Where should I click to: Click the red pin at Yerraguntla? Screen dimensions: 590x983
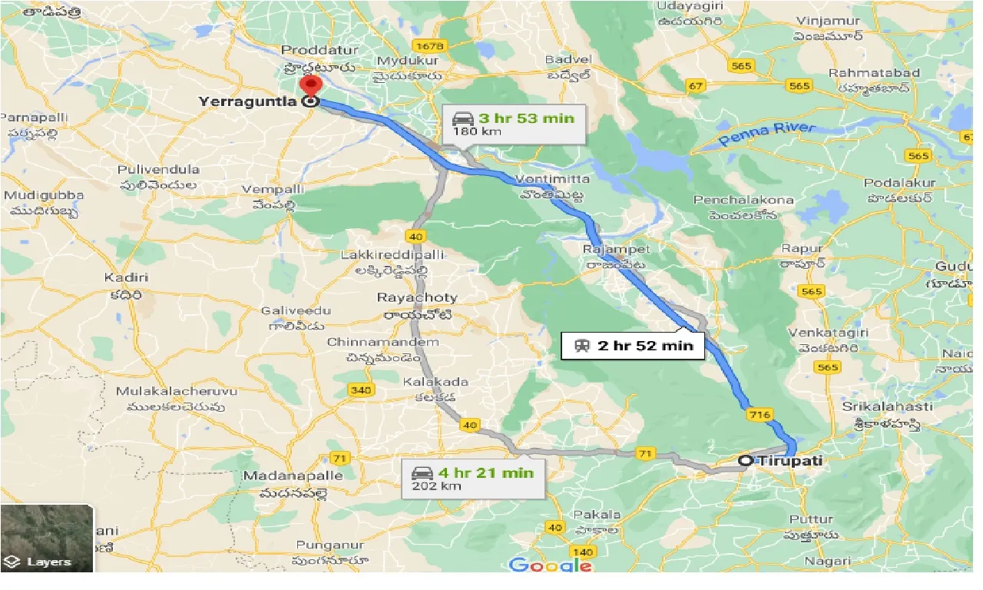tap(310, 86)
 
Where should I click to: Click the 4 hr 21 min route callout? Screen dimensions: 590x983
tap(474, 479)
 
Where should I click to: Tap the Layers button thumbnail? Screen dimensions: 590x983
tap(47, 539)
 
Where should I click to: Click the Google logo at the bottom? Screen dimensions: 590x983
tap(551, 565)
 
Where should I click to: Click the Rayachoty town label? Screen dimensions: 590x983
tap(417, 297)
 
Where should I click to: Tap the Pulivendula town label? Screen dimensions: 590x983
tap(158, 169)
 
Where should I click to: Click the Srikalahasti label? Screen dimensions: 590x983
tap(887, 406)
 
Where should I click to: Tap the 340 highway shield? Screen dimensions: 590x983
tap(361, 390)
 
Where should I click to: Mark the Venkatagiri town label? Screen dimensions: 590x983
tap(817, 333)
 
